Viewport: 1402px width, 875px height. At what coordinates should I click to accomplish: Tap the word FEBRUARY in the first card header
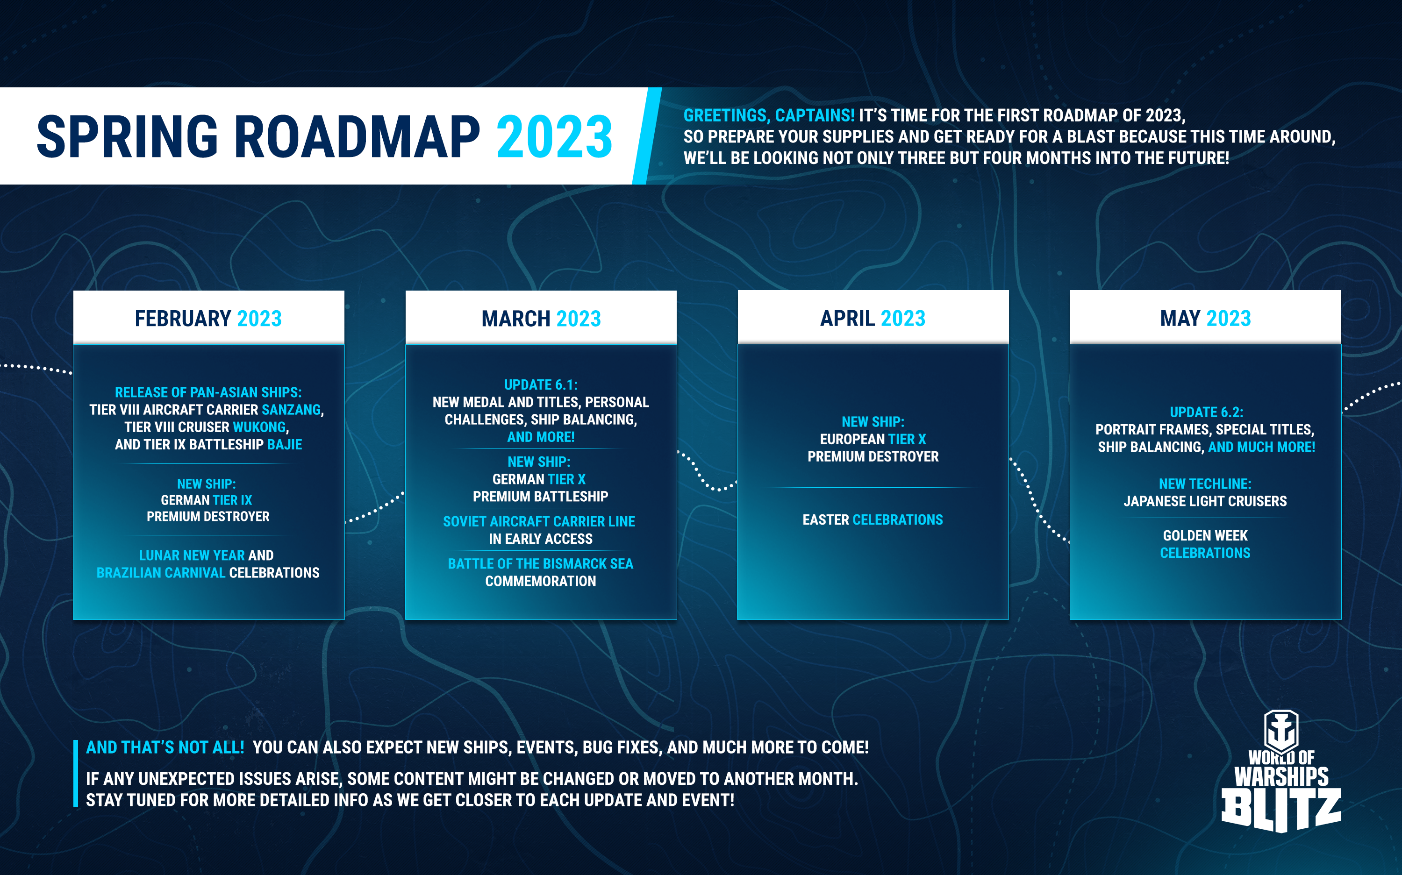pos(183,318)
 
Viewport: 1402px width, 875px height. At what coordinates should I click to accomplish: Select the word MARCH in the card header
pos(516,318)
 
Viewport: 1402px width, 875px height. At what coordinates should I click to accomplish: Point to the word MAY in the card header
pos(1180,318)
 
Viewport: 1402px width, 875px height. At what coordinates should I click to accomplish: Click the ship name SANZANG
pos(291,410)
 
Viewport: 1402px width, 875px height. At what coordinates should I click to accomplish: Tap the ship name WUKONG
pos(259,427)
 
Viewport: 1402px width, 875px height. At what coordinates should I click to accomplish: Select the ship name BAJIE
pos(284,444)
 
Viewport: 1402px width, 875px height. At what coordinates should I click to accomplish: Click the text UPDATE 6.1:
pos(541,385)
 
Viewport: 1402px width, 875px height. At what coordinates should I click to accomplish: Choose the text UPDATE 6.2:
pos(1206,412)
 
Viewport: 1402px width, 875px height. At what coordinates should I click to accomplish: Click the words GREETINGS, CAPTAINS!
pos(769,116)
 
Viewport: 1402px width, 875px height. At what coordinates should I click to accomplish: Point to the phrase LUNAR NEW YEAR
pos(192,555)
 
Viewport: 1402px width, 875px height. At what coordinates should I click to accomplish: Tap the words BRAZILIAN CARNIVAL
pos(161,572)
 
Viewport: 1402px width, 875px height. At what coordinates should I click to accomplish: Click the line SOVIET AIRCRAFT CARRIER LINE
pos(539,521)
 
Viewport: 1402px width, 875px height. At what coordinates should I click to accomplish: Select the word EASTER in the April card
pos(825,519)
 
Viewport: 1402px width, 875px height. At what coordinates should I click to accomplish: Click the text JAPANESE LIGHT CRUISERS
pos(1205,501)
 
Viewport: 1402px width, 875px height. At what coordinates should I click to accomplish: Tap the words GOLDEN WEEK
pos(1205,535)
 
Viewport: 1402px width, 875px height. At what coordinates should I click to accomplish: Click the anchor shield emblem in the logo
pos(1281,730)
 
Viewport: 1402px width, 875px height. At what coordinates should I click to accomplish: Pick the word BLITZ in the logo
pos(1281,810)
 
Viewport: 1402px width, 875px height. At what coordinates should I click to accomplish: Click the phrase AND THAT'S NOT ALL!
pos(165,747)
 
